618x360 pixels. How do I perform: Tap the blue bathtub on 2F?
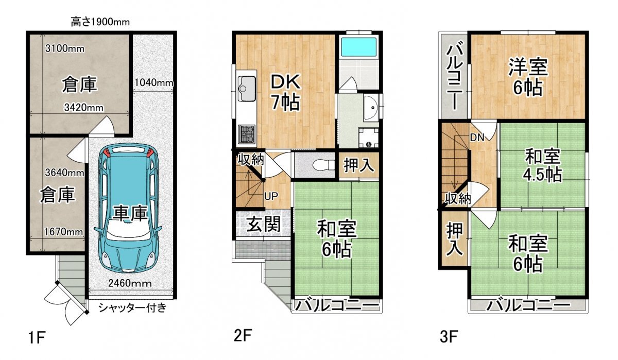pyautogui.click(x=358, y=47)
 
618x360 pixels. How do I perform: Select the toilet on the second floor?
pyautogui.click(x=323, y=165)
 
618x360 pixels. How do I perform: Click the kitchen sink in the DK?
pyautogui.click(x=247, y=88)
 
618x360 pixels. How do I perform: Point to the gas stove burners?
pyautogui.click(x=247, y=134)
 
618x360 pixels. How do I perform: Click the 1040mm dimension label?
pyautogui.click(x=154, y=82)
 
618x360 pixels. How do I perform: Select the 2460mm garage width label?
pyautogui.click(x=130, y=283)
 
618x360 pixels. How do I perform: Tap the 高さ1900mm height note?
pyautogui.click(x=100, y=22)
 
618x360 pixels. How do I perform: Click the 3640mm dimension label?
pyautogui.click(x=64, y=173)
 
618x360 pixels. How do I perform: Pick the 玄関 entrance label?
pyautogui.click(x=263, y=224)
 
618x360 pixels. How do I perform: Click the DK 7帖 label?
pyautogui.click(x=285, y=92)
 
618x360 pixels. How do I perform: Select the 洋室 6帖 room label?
pyautogui.click(x=527, y=77)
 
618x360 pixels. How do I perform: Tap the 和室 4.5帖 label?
pyautogui.click(x=543, y=165)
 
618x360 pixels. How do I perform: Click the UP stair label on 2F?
pyautogui.click(x=271, y=196)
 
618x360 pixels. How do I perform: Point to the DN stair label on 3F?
pyautogui.click(x=477, y=138)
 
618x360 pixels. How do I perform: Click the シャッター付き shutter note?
pyautogui.click(x=132, y=307)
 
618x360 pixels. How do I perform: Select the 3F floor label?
pyautogui.click(x=449, y=337)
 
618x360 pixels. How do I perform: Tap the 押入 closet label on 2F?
pyautogui.click(x=358, y=165)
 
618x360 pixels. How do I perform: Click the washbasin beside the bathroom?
pyautogui.click(x=371, y=107)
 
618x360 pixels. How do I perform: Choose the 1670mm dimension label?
pyautogui.click(x=63, y=232)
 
